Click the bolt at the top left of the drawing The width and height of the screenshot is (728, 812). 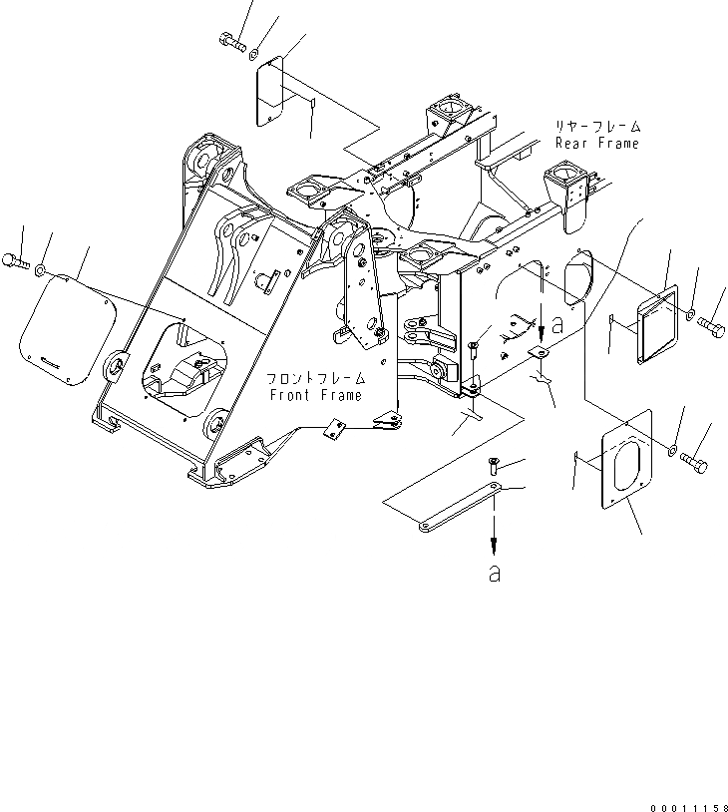coord(229,41)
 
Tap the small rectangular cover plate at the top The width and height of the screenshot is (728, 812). coord(267,92)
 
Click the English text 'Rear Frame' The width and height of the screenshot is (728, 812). coord(597,144)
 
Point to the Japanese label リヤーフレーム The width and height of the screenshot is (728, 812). coord(597,127)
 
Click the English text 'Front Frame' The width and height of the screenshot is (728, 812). coord(317,396)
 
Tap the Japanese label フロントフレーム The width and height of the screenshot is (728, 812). coord(315,380)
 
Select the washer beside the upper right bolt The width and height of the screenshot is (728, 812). coord(689,316)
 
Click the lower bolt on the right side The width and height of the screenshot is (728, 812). coord(695,463)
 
